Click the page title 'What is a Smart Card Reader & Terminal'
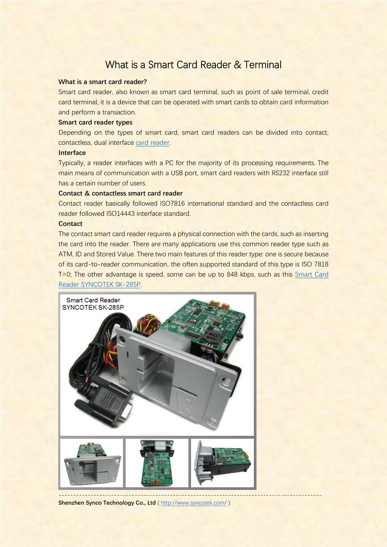193,65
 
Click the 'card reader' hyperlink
152,143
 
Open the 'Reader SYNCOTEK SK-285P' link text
99,285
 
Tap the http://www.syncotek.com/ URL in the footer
194,503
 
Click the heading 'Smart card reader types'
95,122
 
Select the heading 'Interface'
72,153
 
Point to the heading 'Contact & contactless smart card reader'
120,193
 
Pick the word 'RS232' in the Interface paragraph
280,173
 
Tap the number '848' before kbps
232,274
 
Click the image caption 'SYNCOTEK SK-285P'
93,307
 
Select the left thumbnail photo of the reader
92,463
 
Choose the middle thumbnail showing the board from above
157,463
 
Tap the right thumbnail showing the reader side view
222,463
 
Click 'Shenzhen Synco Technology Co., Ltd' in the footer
107,503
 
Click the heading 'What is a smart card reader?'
103,82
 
